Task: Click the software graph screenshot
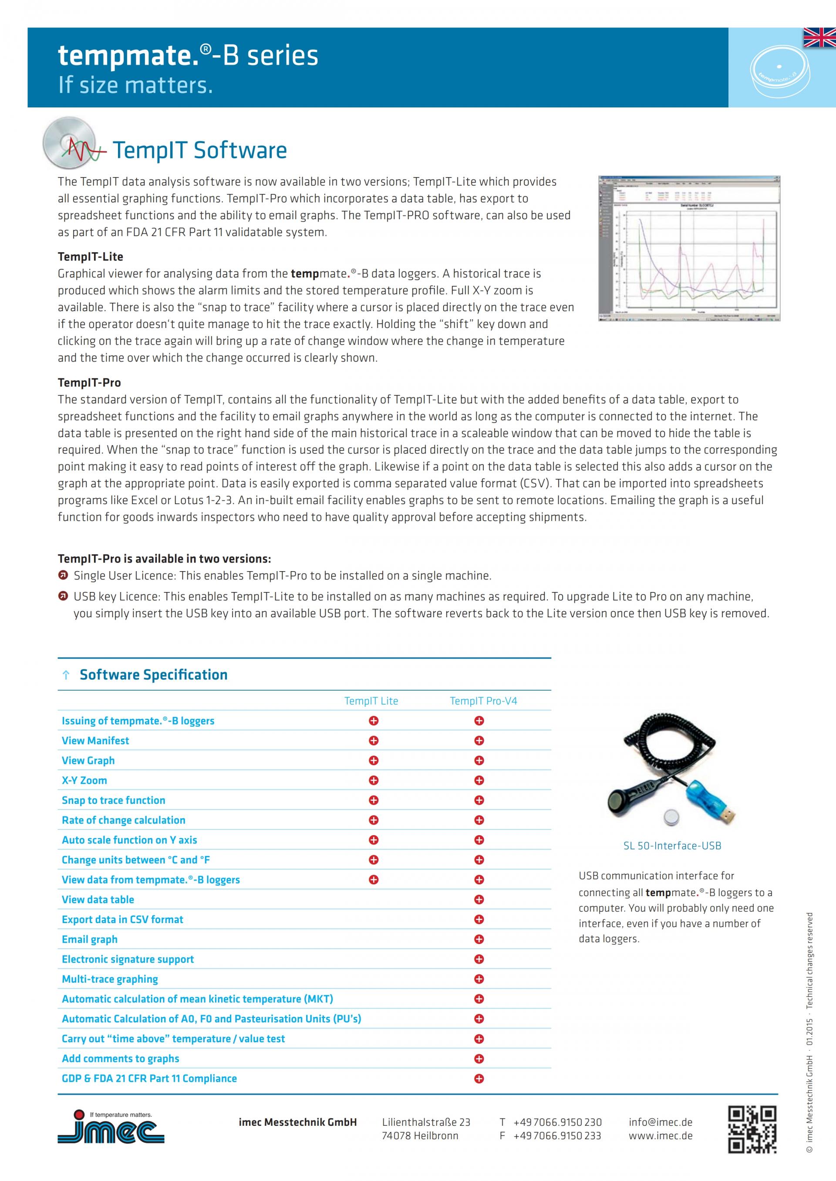pyautogui.click(x=689, y=248)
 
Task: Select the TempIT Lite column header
pyautogui.click(x=371, y=701)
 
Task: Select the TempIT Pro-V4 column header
pyautogui.click(x=483, y=701)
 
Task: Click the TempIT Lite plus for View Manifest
pyautogui.click(x=374, y=741)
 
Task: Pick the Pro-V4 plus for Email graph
pyautogui.click(x=479, y=939)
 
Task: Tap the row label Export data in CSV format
pyautogui.click(x=122, y=919)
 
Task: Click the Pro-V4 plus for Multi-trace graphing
pyautogui.click(x=479, y=979)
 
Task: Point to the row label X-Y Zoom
pyautogui.click(x=84, y=780)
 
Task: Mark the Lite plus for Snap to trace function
pyautogui.click(x=374, y=800)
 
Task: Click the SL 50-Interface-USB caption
pyautogui.click(x=672, y=846)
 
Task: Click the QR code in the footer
pyautogui.click(x=752, y=1129)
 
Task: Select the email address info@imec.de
pyautogui.click(x=660, y=1122)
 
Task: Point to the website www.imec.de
pyautogui.click(x=660, y=1135)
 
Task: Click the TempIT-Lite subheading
pyautogui.click(x=91, y=257)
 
